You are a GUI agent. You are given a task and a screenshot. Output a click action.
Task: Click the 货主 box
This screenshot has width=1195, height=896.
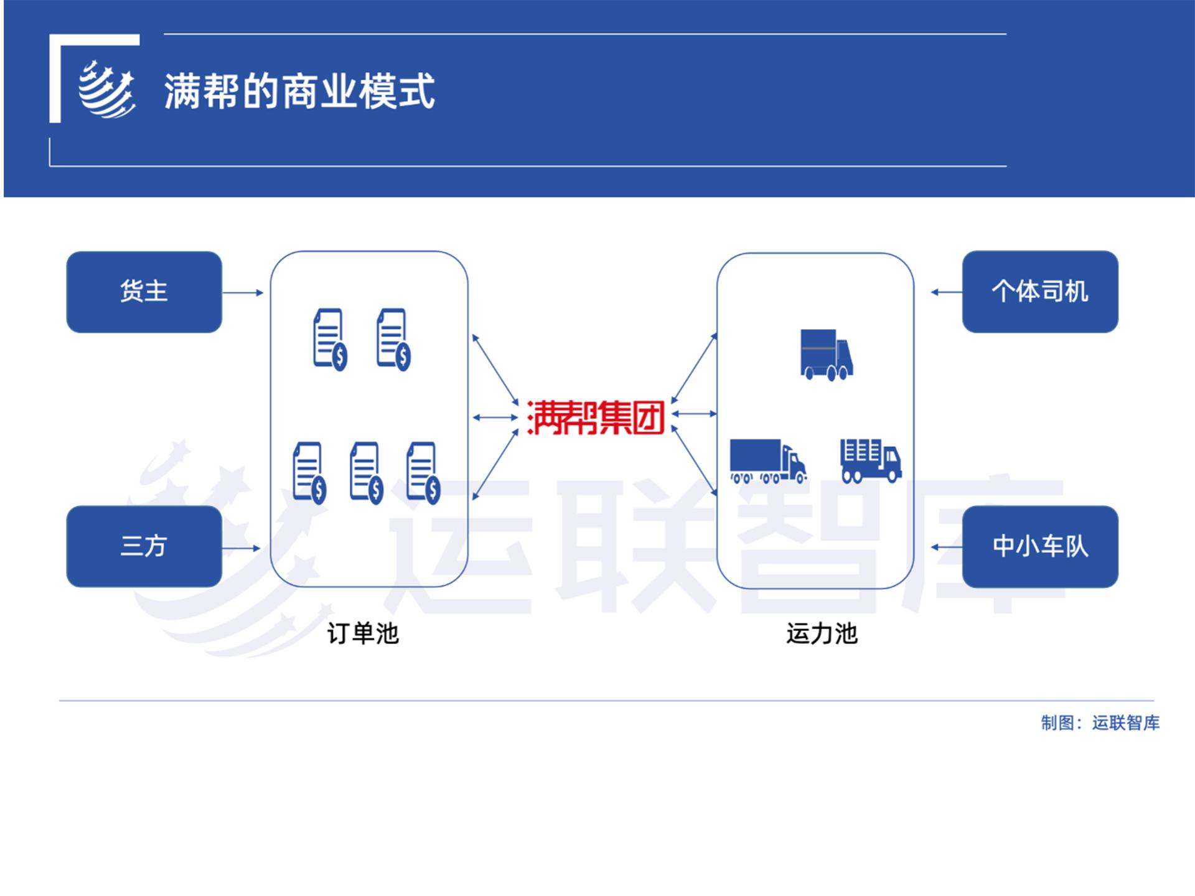[144, 292]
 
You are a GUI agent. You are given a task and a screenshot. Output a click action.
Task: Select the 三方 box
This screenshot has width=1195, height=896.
[144, 546]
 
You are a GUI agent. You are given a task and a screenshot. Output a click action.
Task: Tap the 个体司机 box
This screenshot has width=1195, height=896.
[1040, 292]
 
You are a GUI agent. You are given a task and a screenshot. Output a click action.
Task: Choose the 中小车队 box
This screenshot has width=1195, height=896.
[1040, 546]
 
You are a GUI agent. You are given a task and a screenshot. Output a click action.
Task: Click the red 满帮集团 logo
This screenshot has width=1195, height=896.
[596, 417]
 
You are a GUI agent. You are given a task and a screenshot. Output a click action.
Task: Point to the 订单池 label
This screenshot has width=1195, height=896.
[363, 633]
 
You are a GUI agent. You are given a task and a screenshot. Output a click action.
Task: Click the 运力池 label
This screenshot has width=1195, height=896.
[822, 633]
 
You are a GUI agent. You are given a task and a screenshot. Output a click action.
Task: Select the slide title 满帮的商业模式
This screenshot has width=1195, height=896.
[299, 91]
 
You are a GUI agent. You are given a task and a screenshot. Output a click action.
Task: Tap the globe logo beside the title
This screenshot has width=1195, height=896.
[106, 89]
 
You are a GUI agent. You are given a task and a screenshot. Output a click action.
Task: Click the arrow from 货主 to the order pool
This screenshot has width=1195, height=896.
[243, 292]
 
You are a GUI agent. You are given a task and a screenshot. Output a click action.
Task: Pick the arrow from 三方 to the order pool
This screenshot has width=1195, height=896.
[241, 548]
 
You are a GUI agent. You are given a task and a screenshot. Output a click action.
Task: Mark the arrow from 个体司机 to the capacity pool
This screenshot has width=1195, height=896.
[947, 292]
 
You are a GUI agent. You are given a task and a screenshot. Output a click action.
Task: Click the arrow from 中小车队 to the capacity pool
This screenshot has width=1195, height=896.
[947, 547]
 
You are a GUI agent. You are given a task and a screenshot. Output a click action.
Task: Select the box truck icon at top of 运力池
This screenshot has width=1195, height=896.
[827, 355]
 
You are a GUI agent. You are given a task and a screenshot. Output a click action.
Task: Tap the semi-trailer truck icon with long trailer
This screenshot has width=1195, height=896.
[769, 461]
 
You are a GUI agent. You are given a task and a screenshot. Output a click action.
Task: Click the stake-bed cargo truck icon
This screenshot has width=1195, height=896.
[871, 460]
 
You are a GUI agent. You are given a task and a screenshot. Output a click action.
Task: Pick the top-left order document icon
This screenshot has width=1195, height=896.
[330, 340]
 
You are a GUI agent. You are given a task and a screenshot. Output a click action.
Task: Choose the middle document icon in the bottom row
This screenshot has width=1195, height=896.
[366, 473]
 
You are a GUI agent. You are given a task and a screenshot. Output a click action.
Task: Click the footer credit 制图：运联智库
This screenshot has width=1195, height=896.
[1100, 723]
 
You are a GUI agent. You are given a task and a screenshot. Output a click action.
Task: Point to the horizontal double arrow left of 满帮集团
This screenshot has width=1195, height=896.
[495, 418]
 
